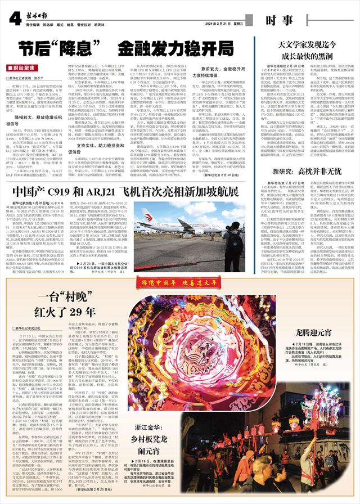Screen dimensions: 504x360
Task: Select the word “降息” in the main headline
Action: tap(72, 47)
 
